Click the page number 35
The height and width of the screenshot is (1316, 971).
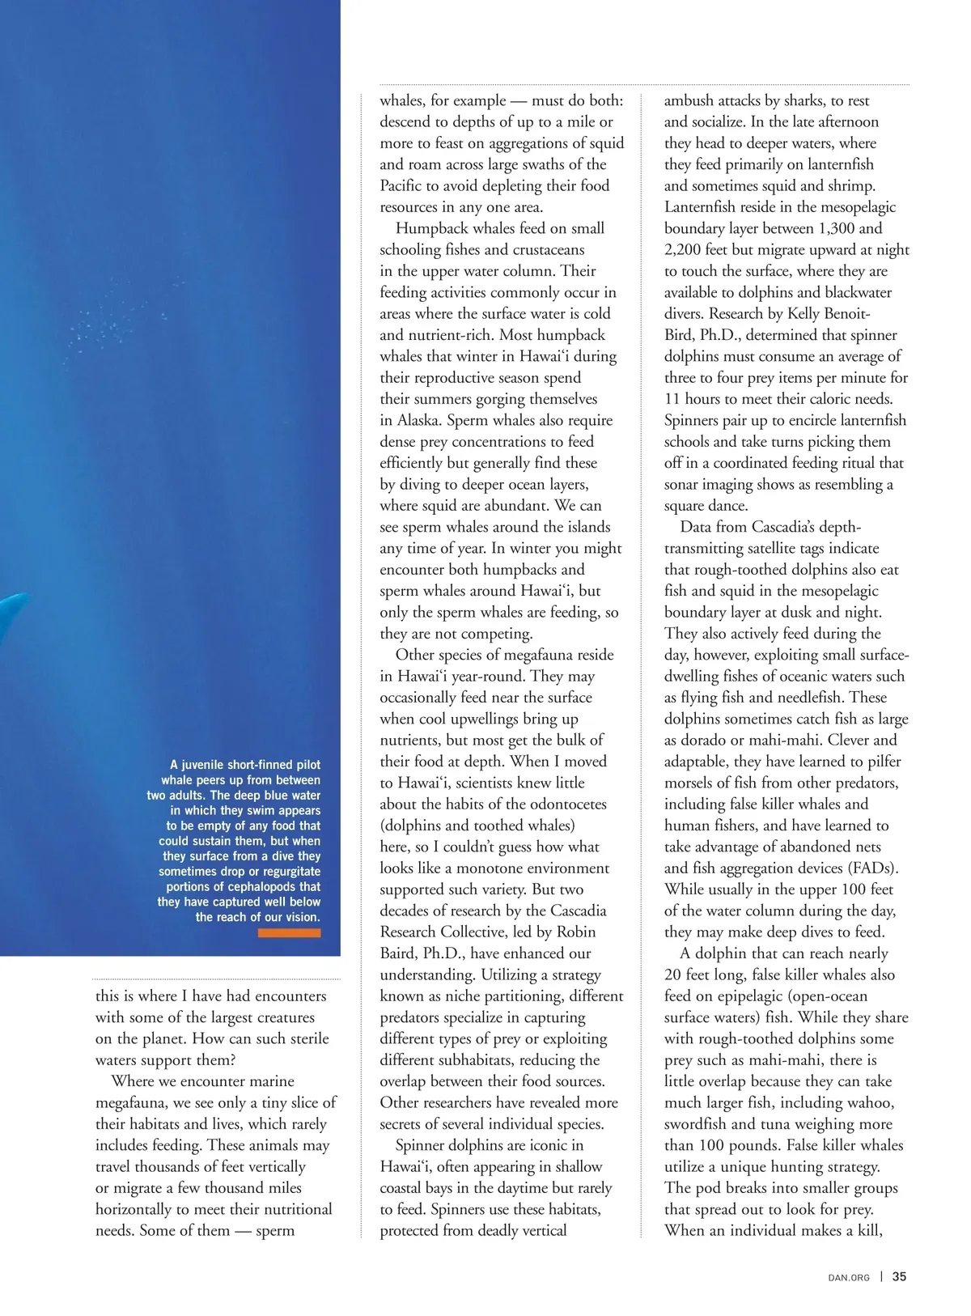click(x=899, y=1277)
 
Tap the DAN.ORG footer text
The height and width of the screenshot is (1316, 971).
click(x=849, y=1278)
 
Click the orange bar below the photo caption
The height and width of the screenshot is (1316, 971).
click(x=289, y=933)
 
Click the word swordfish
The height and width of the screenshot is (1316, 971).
click(x=696, y=1124)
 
